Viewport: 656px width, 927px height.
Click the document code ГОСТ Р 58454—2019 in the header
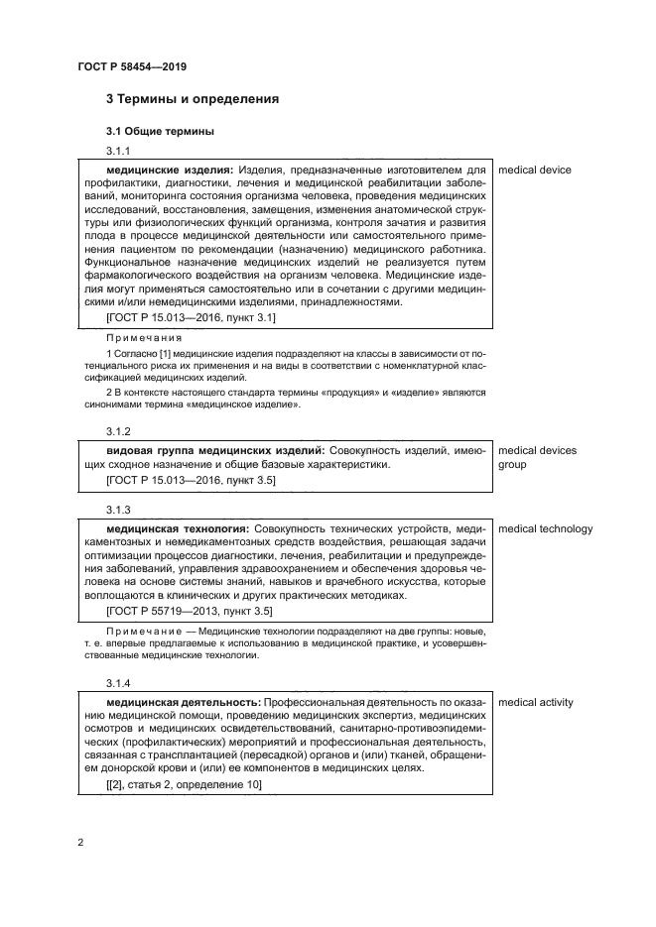132,66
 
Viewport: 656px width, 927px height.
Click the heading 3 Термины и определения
192,99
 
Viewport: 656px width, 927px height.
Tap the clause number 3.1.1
118,152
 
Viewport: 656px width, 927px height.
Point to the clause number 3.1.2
118,431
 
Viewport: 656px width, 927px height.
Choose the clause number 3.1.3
118,509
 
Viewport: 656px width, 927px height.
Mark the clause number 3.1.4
118,684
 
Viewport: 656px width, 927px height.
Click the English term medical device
535,170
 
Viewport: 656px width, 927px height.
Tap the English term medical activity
536,703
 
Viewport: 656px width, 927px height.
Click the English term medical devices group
537,457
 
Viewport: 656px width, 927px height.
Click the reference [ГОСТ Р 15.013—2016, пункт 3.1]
191,317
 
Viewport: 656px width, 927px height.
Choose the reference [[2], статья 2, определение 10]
184,784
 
